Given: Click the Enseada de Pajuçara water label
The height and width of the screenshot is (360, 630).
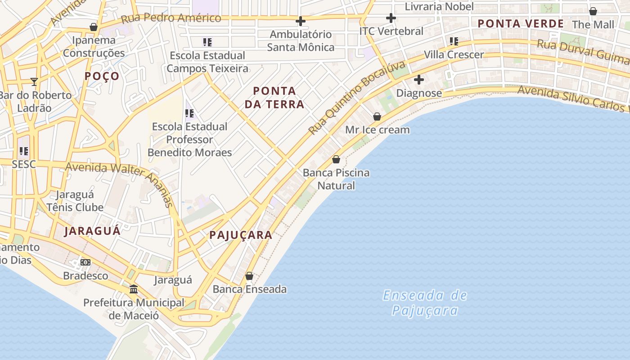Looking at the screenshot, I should tap(425, 303).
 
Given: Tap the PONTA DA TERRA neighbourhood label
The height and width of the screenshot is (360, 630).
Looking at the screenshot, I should tap(274, 98).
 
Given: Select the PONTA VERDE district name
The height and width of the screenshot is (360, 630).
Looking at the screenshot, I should tap(521, 24).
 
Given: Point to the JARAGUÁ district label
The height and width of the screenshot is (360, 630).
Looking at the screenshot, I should tap(92, 231).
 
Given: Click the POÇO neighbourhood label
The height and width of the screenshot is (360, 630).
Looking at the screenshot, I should tap(102, 76).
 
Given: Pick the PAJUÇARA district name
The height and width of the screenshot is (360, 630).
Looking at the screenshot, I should tap(241, 235).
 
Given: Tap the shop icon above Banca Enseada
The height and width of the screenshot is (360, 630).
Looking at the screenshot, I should tap(249, 276).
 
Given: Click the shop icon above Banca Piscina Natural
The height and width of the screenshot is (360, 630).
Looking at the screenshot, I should tap(336, 159).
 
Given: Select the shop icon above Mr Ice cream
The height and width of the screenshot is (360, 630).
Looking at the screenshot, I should tap(377, 117).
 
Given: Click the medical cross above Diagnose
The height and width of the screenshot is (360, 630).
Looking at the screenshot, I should tap(419, 80).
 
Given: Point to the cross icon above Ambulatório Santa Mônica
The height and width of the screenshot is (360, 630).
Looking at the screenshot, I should tap(301, 21).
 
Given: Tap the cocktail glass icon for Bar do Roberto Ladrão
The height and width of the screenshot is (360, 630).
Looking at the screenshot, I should tap(34, 81).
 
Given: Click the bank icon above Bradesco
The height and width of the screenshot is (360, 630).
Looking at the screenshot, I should tap(85, 262).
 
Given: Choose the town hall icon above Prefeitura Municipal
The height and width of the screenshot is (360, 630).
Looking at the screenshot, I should tap(134, 289).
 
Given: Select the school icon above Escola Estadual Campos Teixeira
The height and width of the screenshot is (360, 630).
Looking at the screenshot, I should tap(207, 42).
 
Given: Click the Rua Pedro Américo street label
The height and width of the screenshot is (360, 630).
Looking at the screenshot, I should tap(171, 18).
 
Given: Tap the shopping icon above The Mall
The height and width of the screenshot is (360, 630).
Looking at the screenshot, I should tap(593, 11).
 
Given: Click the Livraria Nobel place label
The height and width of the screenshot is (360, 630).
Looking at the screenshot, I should tap(439, 7).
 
